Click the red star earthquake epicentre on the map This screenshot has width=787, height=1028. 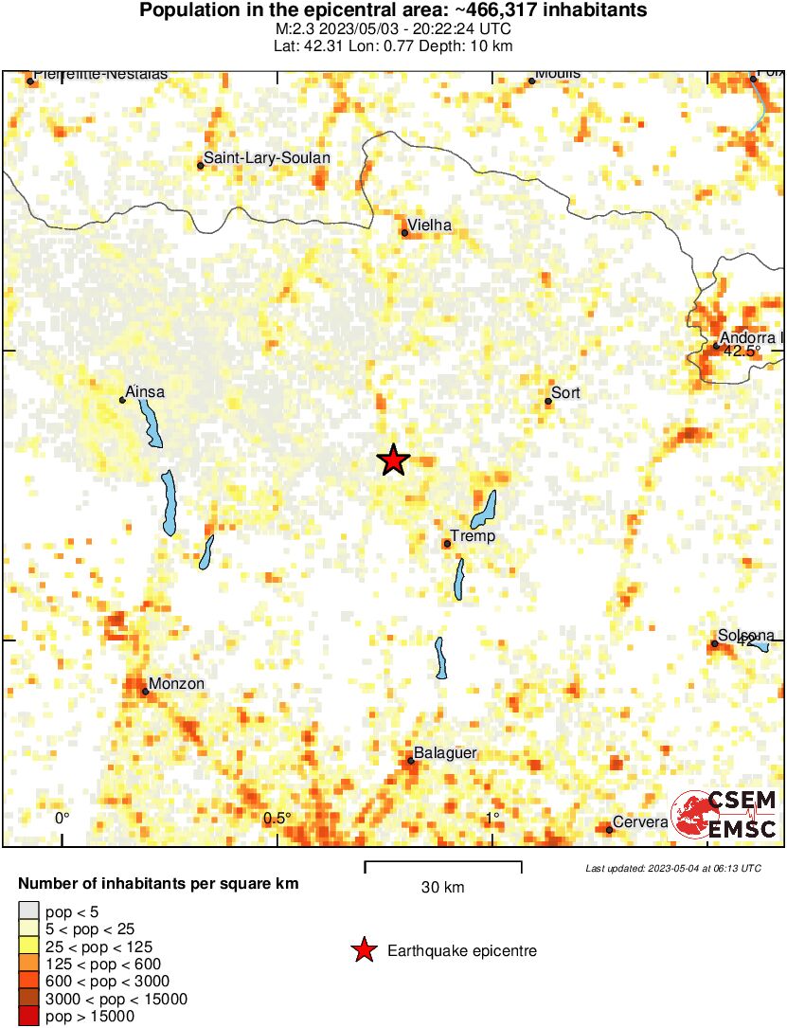point(393,460)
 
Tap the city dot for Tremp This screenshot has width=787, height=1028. point(447,543)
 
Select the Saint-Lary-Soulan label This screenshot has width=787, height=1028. point(268,158)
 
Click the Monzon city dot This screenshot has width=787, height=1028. point(145,691)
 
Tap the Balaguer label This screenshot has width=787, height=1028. point(445,753)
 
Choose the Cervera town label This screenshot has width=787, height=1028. point(640,822)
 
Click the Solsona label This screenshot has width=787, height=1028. point(746,636)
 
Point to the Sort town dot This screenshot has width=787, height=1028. point(548,401)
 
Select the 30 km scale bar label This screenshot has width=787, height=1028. point(442,888)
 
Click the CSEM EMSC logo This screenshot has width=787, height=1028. point(724,814)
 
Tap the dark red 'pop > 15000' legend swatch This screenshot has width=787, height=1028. point(28,1017)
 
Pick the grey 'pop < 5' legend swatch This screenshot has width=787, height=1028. point(28,911)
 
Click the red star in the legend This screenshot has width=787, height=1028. point(364,950)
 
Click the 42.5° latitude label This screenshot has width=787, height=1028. point(742,352)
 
